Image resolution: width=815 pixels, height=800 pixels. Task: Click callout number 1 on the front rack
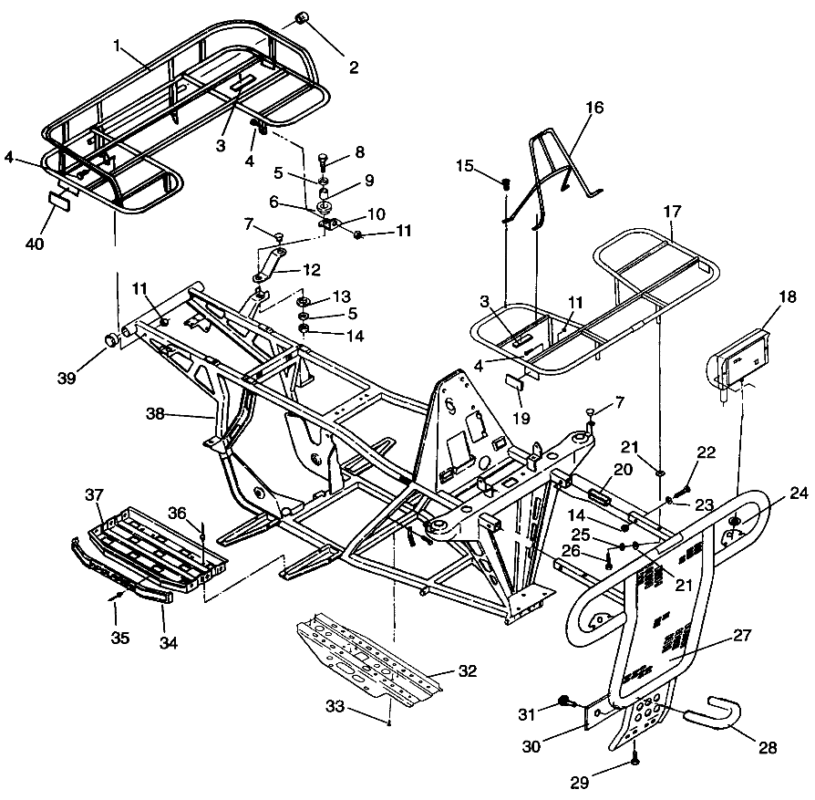pos(118,44)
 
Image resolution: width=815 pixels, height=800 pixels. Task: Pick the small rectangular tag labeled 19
pos(514,379)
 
